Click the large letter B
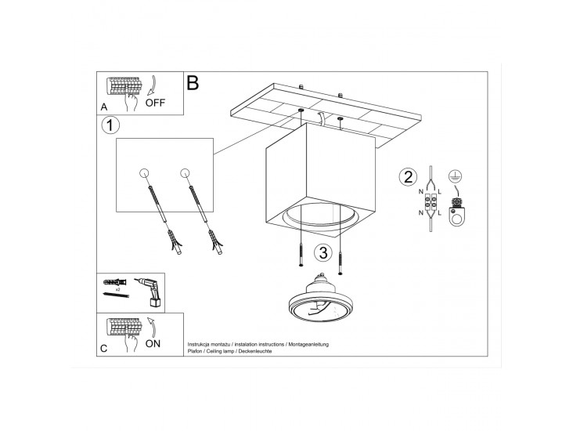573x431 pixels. coord(193,83)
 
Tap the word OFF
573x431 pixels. coord(155,103)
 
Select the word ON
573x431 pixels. coord(153,343)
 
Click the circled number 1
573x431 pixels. coord(110,125)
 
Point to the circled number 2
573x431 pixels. coord(408,177)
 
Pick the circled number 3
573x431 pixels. coord(323,252)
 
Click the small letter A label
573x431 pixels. coord(104,107)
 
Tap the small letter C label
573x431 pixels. coord(104,348)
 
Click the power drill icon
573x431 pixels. coord(149,292)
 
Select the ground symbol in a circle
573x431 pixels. coord(454,176)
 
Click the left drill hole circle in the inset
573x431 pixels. coord(144,173)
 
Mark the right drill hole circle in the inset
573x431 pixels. coord(185,173)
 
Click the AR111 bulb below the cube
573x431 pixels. coord(316,299)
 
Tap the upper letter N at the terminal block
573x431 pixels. coord(421,192)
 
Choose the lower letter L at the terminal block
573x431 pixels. coord(439,213)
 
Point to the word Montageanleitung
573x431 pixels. coord(308,344)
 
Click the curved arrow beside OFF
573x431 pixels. coord(152,86)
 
